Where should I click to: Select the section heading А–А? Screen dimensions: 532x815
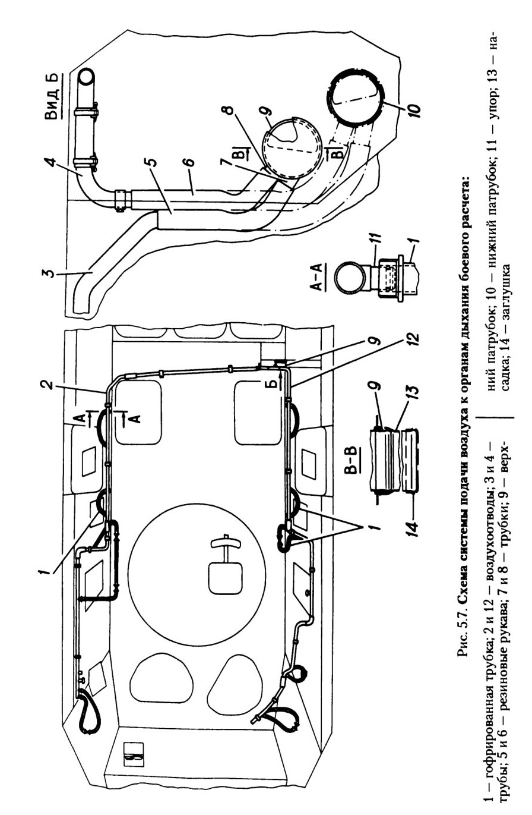point(318,276)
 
